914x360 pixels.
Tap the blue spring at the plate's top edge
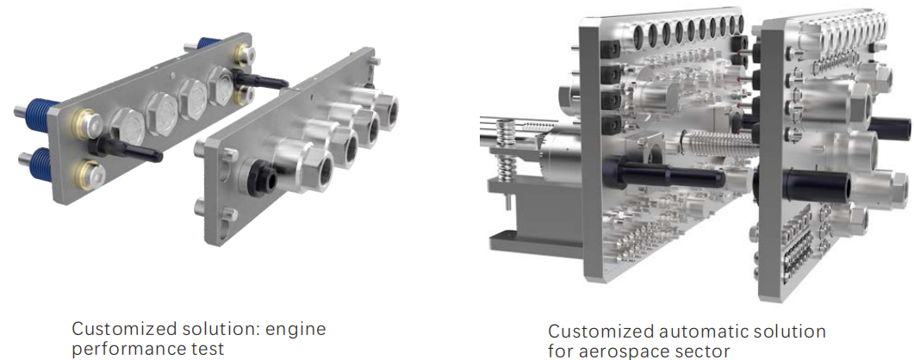[x=210, y=43]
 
